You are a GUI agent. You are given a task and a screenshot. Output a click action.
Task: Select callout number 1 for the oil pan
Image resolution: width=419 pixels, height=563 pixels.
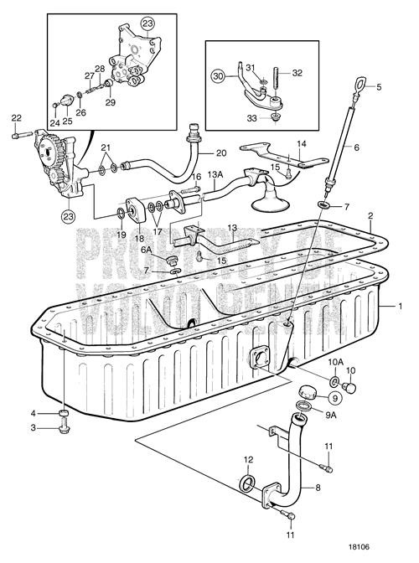400,307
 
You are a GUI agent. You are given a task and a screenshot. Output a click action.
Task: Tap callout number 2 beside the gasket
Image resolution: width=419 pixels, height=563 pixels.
370,215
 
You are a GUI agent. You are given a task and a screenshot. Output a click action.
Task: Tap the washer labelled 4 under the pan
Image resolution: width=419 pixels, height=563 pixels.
65,414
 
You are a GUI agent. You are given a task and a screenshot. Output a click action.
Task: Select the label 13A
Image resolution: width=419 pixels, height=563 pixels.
215,174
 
